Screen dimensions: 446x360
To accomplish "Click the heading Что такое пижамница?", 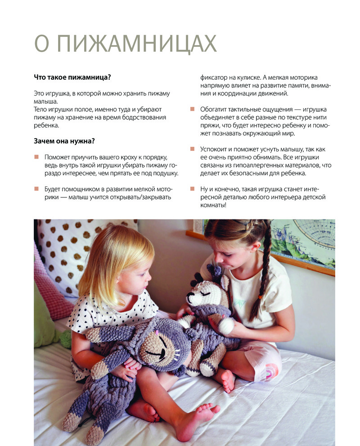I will (72, 77).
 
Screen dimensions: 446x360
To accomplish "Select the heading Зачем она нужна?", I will (64, 141).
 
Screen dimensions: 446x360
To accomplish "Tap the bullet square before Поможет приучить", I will (36, 157).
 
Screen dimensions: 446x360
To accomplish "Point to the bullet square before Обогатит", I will (192, 109).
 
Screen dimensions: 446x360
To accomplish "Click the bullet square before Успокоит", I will (192, 149).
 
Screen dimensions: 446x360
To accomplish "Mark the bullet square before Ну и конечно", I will (192, 189).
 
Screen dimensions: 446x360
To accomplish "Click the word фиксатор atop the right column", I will (215, 77).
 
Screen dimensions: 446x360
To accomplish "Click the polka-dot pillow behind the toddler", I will (67, 252).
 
